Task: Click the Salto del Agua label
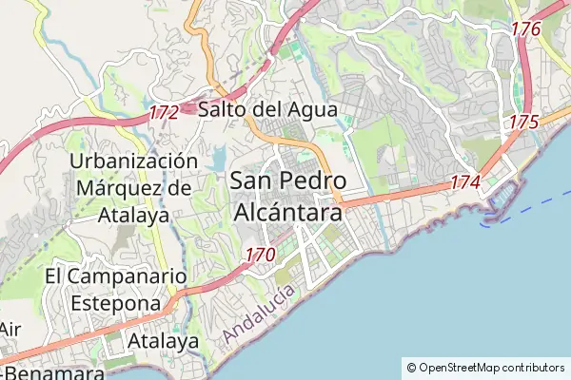(267, 110)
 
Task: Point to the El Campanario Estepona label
(113, 290)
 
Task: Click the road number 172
(164, 113)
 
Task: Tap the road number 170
(260, 255)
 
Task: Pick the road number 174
(465, 181)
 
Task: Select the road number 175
(523, 123)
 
